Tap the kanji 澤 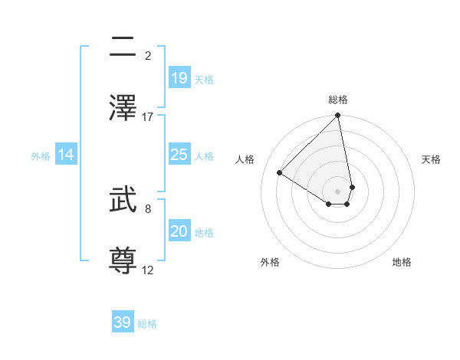click(123, 109)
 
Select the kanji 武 click(123, 201)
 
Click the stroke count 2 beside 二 click(148, 56)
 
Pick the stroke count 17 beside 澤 click(148, 117)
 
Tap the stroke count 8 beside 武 click(148, 208)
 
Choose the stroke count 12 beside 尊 click(148, 270)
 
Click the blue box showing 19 click(179, 78)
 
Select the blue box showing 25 click(179, 155)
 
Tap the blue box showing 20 click(179, 231)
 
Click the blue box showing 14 click(66, 155)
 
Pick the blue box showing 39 click(122, 322)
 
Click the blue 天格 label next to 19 click(204, 80)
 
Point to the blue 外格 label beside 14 click(41, 156)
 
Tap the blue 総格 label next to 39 click(147, 324)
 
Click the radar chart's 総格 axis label click(338, 100)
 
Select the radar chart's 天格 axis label click(431, 159)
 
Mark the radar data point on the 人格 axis click(280, 172)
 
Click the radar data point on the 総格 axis click(338, 116)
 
